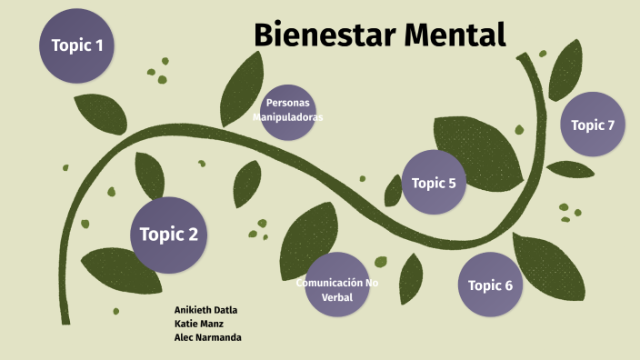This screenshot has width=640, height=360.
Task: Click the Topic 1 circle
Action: (77, 45)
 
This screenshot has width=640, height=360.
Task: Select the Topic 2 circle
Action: (168, 235)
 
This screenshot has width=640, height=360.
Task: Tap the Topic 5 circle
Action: (434, 183)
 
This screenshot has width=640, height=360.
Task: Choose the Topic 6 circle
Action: (490, 285)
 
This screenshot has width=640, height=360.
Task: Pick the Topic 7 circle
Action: (593, 125)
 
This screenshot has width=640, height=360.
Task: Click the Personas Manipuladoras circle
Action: (287, 110)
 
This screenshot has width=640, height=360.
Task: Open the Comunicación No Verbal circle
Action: (336, 285)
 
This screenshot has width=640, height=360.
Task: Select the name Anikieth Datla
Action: (205, 310)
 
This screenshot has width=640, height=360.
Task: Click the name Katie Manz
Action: (198, 324)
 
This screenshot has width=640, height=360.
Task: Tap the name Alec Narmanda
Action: (207, 337)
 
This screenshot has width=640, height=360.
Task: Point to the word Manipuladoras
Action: (287, 117)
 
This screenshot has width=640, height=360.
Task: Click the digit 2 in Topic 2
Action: (192, 235)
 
